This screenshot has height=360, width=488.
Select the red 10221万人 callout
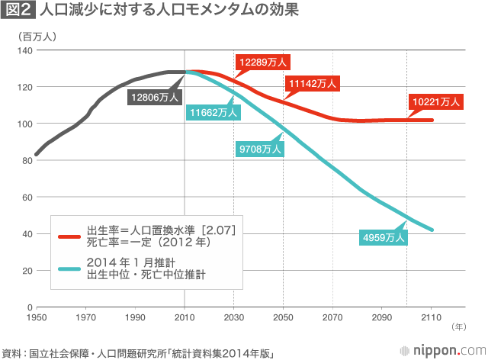pos(436,101)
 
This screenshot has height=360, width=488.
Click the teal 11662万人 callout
pos(214,113)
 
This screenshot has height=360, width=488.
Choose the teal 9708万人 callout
pos(260,149)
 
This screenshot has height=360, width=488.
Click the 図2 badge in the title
pos(18,11)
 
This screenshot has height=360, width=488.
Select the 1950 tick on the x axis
pos(37,317)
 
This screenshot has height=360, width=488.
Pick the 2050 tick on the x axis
pos(284,317)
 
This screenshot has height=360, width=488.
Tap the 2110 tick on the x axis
pos(432,317)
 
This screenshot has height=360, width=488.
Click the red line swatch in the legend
pos(69,236)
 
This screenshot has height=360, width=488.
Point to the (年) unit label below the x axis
pos(457,327)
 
